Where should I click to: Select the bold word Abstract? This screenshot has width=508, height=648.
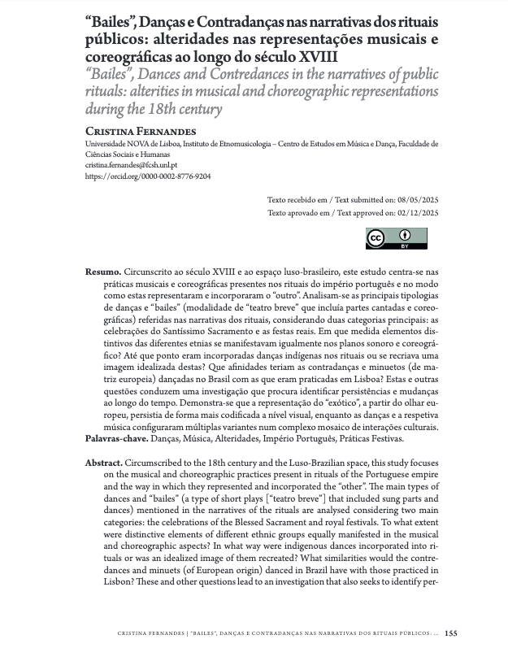coord(104,461)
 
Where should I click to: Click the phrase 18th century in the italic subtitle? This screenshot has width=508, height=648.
coord(183,108)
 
